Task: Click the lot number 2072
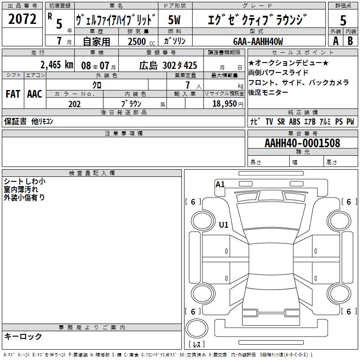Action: pyautogui.click(x=22, y=19)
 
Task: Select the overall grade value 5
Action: pyautogui.click(x=343, y=20)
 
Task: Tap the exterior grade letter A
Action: pyautogui.click(x=336, y=41)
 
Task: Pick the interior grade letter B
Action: pyautogui.click(x=350, y=41)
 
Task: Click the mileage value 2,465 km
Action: pyautogui.click(x=57, y=65)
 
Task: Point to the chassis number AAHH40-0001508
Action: pyautogui.click(x=302, y=143)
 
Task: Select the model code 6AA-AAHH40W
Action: pyautogui.click(x=258, y=41)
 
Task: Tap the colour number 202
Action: pyautogui.click(x=74, y=104)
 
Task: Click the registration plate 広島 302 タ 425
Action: pyautogui.click(x=168, y=66)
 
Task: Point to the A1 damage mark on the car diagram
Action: pyautogui.click(x=220, y=184)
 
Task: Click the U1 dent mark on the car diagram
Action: pyautogui.click(x=224, y=225)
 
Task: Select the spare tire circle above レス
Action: pyautogui.click(x=197, y=328)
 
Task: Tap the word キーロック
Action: pyautogui.click(x=23, y=336)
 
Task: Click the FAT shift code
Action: pyautogui.click(x=13, y=94)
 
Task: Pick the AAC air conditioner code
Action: pyautogui.click(x=35, y=94)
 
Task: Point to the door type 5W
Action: pyautogui.click(x=174, y=20)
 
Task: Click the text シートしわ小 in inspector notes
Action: pyautogui.click(x=25, y=181)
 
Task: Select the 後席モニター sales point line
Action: pyautogui.click(x=268, y=92)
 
